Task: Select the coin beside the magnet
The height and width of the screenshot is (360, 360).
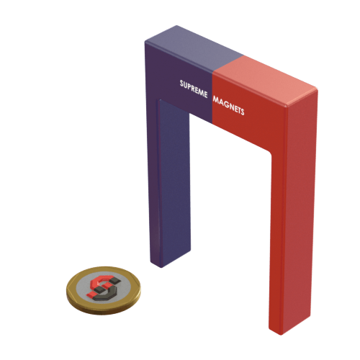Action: [x=104, y=289]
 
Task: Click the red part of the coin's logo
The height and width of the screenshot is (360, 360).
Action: [x=98, y=282]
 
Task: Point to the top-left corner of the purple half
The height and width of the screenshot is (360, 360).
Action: [x=145, y=41]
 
